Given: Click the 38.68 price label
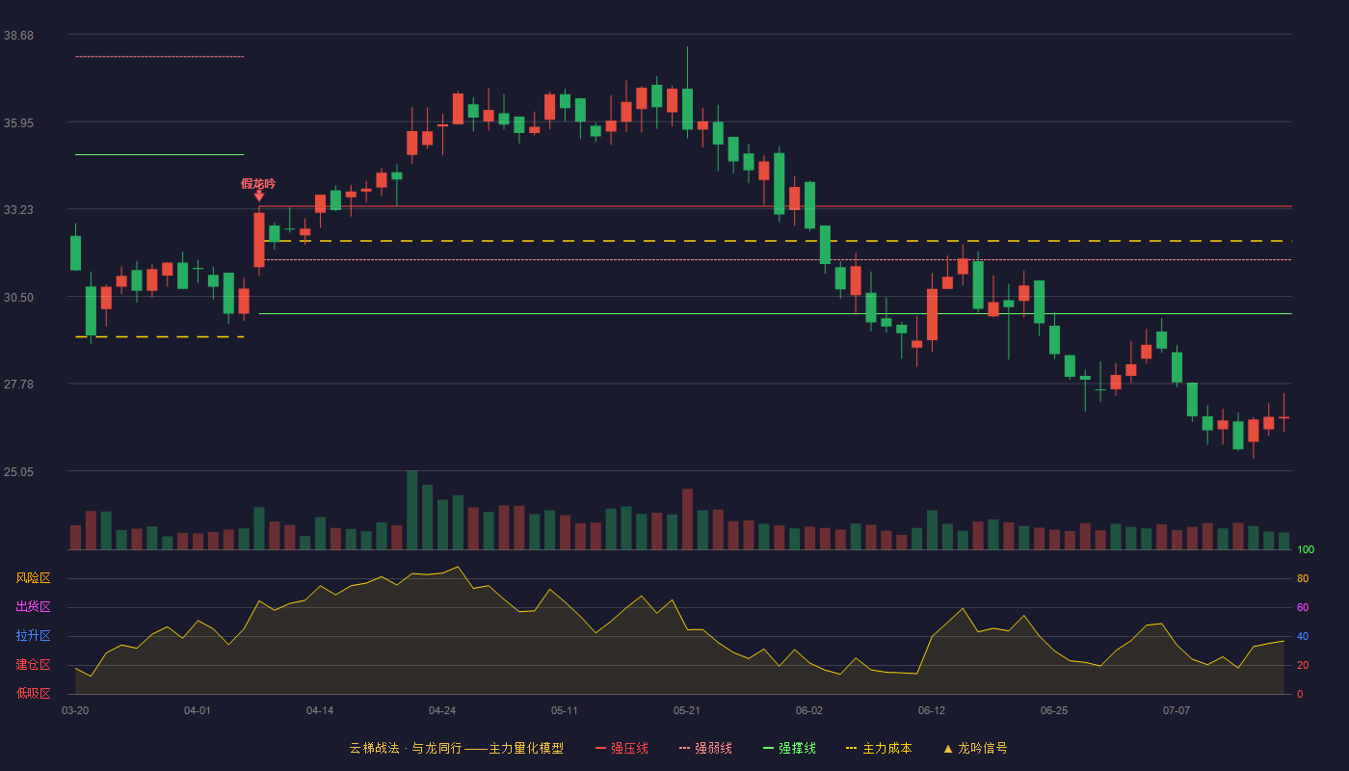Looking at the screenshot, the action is click(x=18, y=36).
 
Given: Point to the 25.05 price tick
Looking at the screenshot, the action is click(x=18, y=471).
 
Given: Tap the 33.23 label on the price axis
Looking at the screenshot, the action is click(x=18, y=210).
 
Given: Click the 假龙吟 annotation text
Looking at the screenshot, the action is click(x=258, y=184).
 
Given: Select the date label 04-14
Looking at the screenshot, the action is click(x=320, y=711).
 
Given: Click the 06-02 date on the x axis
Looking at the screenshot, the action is click(x=808, y=711).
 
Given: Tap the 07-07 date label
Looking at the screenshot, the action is click(x=1177, y=711).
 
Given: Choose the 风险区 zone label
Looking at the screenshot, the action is click(x=33, y=578).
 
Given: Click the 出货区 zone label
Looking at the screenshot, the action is click(x=33, y=606).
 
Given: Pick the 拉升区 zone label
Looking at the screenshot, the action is click(x=33, y=635).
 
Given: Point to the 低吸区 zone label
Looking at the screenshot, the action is click(x=33, y=693).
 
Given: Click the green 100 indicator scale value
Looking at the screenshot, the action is click(x=1306, y=549).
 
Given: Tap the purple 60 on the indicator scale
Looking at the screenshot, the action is click(x=1303, y=607).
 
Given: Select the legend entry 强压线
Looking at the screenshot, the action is click(x=622, y=748).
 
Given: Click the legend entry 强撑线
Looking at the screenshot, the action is click(x=789, y=748).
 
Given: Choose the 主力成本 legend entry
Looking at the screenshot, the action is click(x=879, y=748).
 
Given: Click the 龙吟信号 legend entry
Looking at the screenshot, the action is click(x=975, y=748).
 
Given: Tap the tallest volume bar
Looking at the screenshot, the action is click(x=412, y=510).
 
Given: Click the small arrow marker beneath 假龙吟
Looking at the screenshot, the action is click(x=259, y=197).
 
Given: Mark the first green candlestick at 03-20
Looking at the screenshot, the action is click(x=75, y=253).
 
